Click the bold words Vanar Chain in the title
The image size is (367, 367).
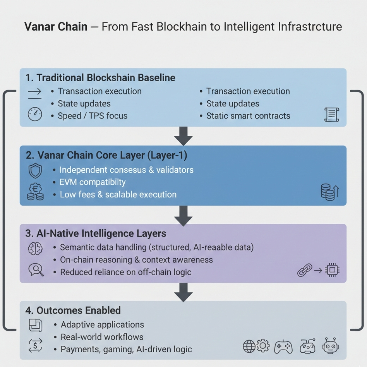coord(56,27)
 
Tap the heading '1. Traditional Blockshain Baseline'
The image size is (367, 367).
coord(100,78)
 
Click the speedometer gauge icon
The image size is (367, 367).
coord(35,114)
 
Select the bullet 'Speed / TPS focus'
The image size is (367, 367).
coord(93,116)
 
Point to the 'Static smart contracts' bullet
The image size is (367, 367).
coord(248,116)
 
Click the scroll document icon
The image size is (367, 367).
coord(331,115)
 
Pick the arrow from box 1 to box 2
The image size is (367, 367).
coord(183,136)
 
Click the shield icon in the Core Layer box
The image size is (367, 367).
coord(35,171)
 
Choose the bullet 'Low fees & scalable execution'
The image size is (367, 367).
coord(118,195)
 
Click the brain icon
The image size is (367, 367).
coord(35,248)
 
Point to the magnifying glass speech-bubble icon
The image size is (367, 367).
coord(35,269)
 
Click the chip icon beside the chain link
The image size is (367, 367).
coord(332,270)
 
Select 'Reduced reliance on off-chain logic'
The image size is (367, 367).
coord(126,272)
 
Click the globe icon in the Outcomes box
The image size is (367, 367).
coord(249,346)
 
